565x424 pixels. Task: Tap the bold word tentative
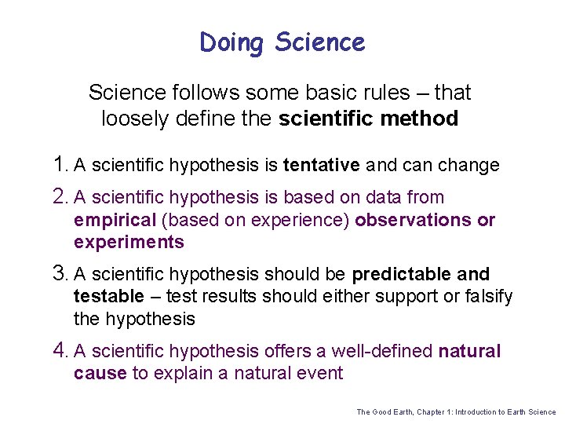click(x=321, y=166)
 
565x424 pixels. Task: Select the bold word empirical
click(x=115, y=220)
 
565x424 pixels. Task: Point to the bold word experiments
click(x=129, y=242)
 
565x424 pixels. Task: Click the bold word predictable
click(x=401, y=275)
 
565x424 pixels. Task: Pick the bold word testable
click(x=109, y=297)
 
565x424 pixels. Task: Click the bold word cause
click(x=100, y=373)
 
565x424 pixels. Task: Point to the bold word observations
click(x=414, y=220)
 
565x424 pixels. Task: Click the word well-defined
click(x=382, y=351)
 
